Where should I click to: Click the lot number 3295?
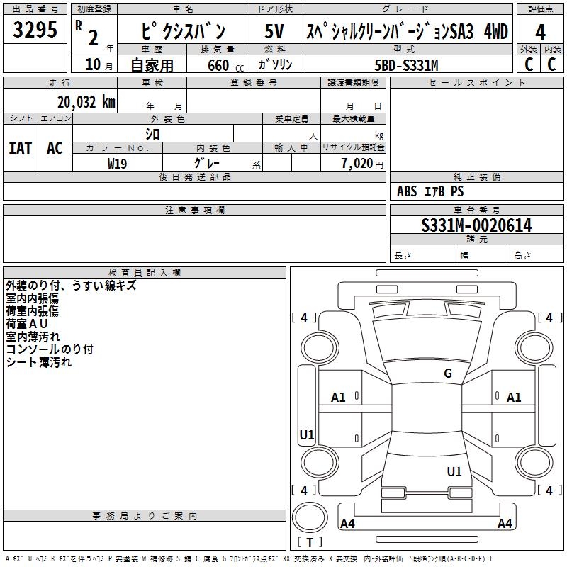click(35, 29)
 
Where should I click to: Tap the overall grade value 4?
click(540, 33)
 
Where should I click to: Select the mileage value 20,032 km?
click(86, 102)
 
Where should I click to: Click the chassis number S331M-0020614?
click(476, 225)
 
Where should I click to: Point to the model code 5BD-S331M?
click(406, 65)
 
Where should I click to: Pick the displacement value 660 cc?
click(225, 65)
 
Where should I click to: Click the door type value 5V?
click(274, 31)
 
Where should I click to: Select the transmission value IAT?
click(21, 148)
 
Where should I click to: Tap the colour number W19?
click(117, 164)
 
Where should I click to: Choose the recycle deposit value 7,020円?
click(362, 164)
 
